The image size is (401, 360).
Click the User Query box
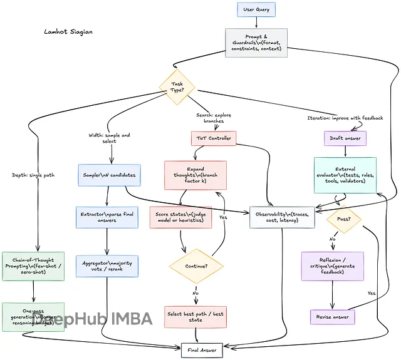click(256, 9)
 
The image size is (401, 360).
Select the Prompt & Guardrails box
click(256, 43)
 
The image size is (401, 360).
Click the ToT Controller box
click(212, 138)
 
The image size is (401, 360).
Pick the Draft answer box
click(345, 138)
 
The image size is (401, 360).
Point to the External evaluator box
click(345, 175)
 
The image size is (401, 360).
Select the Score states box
click(181, 219)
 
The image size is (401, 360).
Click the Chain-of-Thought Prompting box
click(33, 265)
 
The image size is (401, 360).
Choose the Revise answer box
click(332, 317)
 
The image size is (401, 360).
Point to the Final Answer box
click(202, 350)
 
